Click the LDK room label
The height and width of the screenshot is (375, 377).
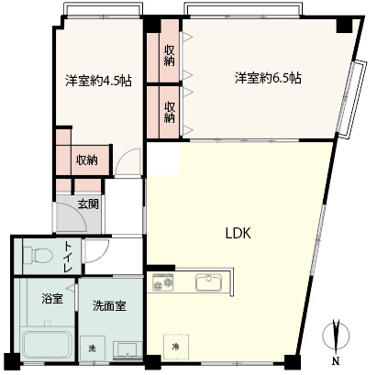tap(238, 234)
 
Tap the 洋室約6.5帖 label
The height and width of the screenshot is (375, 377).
tap(268, 78)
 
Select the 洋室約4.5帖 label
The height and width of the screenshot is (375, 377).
tap(98, 81)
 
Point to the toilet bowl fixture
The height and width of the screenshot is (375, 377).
tap(38, 255)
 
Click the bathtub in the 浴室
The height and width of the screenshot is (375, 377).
tap(48, 344)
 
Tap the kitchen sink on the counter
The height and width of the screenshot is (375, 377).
tap(209, 282)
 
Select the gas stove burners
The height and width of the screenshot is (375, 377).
tap(162, 281)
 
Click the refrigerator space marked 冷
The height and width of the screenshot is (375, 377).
tap(176, 347)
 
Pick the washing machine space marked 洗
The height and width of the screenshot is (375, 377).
tap(92, 348)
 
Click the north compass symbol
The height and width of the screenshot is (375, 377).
tap(336, 336)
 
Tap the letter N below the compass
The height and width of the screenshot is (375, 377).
tap(336, 360)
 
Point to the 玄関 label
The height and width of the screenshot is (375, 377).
tap(88, 204)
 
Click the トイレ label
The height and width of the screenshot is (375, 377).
tap(68, 257)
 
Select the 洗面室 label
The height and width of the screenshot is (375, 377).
tap(109, 306)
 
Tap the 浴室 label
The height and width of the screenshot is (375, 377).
tap(52, 299)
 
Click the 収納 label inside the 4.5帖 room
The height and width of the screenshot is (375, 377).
tap(87, 160)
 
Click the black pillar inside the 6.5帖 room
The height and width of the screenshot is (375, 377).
tap(345, 26)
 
